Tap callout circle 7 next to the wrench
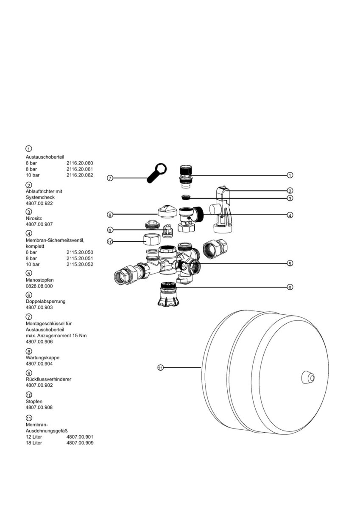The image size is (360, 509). (x=110, y=178)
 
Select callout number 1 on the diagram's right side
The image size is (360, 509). (x=290, y=175)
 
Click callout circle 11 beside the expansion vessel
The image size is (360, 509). (x=160, y=368)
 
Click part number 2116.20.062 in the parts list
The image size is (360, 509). (x=80, y=175)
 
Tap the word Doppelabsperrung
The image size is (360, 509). (x=45, y=301)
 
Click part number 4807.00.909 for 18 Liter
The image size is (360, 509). (x=80, y=443)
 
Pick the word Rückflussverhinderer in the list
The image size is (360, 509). (x=48, y=379)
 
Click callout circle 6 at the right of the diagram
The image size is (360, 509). (x=290, y=287)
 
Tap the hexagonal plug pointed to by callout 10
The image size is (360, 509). (x=150, y=240)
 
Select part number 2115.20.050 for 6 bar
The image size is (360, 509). (x=80, y=252)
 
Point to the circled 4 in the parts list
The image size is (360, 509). (x=28, y=233)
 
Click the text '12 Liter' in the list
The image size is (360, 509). (x=34, y=437)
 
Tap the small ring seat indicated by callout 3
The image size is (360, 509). (x=185, y=197)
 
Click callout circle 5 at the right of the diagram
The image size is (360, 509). (x=290, y=263)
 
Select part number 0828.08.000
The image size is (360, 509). (x=39, y=286)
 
